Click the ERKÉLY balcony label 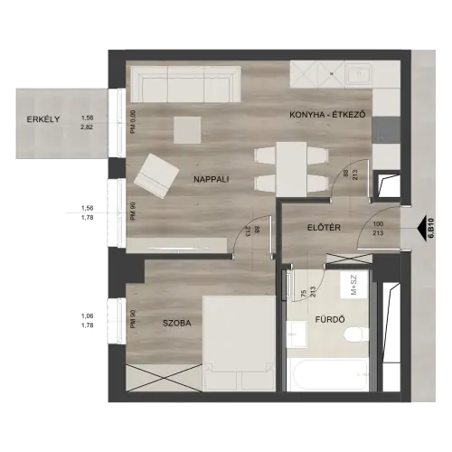click(x=43, y=119)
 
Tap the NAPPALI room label click(x=212, y=179)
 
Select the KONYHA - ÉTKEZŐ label click(x=327, y=115)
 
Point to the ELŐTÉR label click(x=324, y=228)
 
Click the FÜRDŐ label click(x=330, y=319)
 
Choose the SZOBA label click(x=177, y=323)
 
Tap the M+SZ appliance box click(x=353, y=285)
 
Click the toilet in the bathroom click(x=356, y=335)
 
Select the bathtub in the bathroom click(x=327, y=374)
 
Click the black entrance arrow click(x=424, y=229)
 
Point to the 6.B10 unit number click(x=431, y=229)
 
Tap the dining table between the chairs click(x=292, y=170)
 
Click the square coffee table click(x=187, y=130)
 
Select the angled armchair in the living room click(x=156, y=176)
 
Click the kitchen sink click(x=359, y=74)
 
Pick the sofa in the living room click(x=185, y=84)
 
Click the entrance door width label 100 click(x=378, y=224)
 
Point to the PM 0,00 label click(x=134, y=122)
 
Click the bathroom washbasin click(x=297, y=334)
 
